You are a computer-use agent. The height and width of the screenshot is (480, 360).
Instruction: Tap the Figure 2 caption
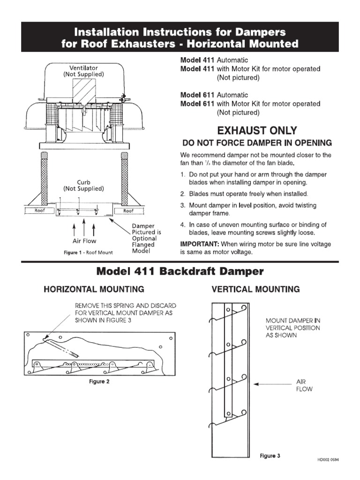[99, 381]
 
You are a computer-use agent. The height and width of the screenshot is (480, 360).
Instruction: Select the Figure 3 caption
[270, 455]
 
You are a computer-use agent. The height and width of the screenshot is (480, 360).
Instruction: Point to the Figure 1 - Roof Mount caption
[88, 253]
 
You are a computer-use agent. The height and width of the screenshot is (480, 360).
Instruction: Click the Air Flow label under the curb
[84, 241]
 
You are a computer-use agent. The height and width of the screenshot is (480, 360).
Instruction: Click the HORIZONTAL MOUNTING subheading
[94, 289]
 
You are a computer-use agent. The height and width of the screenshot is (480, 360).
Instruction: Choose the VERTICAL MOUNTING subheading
[255, 289]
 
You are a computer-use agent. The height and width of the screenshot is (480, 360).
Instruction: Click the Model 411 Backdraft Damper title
[180, 271]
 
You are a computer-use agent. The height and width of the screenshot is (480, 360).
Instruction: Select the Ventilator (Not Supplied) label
[84, 71]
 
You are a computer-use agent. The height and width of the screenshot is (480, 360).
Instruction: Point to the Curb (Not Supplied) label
[84, 185]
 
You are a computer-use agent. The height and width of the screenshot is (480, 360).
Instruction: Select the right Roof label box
[128, 211]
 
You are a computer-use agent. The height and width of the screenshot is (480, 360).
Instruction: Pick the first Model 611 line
[214, 95]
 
